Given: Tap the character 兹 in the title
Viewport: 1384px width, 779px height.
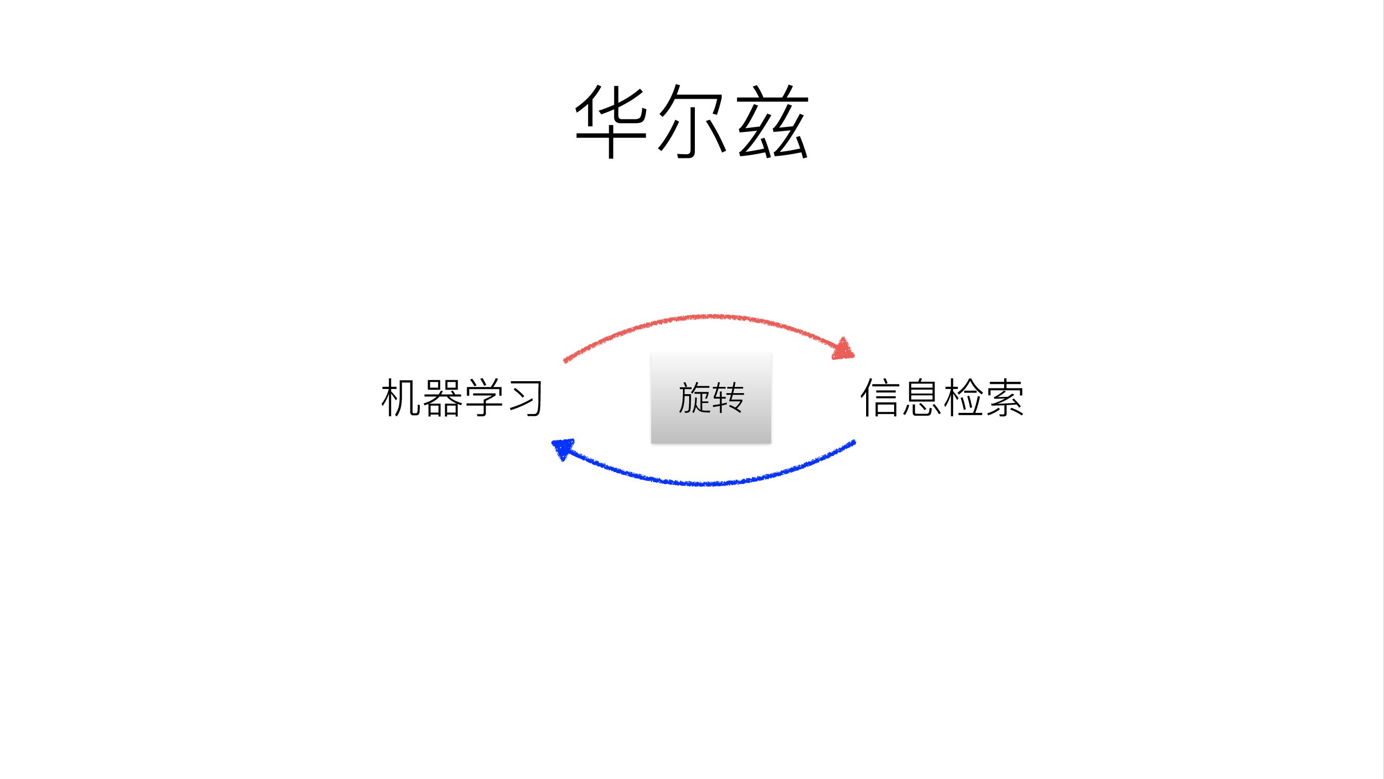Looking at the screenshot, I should click(773, 123).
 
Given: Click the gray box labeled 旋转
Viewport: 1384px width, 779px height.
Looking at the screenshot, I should click(711, 398).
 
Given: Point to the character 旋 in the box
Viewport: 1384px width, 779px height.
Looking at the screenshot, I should click(694, 398).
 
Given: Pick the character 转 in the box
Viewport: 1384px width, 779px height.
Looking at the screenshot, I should click(728, 398).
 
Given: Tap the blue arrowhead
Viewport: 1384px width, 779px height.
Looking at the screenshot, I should click(562, 448).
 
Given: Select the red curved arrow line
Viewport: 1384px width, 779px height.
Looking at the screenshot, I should click(704, 317).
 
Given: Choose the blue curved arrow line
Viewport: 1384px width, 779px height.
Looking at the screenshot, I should click(704, 484).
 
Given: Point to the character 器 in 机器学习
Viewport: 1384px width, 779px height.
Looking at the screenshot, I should click(442, 398).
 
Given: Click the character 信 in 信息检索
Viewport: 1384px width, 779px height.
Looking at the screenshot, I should click(880, 398).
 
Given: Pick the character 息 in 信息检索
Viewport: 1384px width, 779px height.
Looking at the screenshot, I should click(921, 398).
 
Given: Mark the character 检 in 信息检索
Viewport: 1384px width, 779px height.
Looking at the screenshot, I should click(962, 398).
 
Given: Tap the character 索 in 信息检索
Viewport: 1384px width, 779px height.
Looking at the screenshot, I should click(1004, 398).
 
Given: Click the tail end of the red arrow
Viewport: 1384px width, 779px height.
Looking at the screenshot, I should click(565, 361).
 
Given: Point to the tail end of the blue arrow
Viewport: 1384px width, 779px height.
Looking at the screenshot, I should click(854, 443).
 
